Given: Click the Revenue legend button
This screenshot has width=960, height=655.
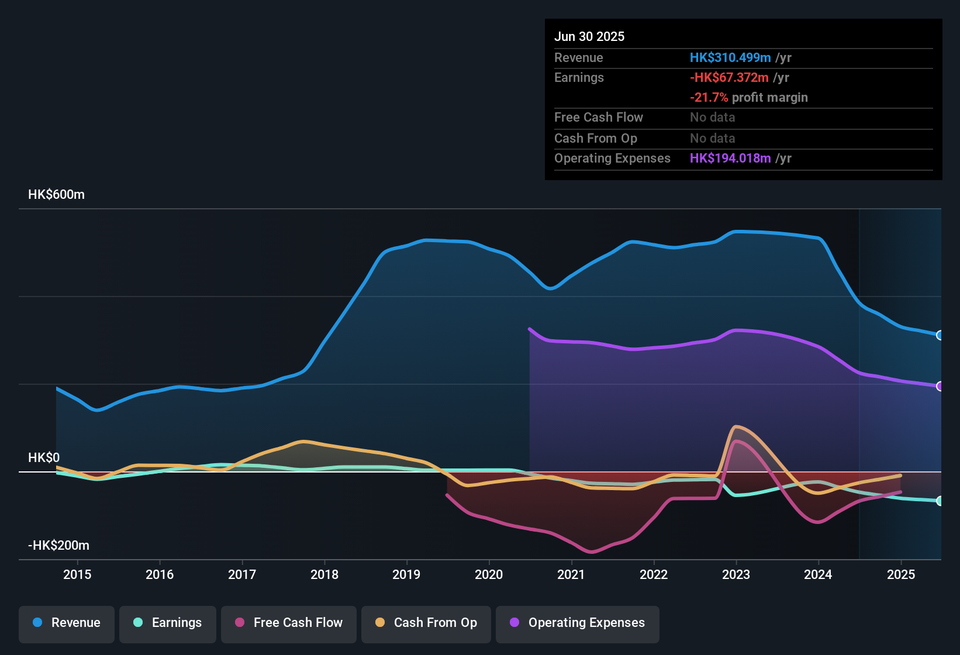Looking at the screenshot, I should click(67, 623).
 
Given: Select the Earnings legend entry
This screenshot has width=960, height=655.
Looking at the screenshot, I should click(168, 623).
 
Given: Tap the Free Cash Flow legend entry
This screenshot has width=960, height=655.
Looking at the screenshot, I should click(289, 623).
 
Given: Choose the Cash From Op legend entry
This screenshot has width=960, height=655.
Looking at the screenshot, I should click(426, 623).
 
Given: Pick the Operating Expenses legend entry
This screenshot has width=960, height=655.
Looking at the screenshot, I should click(578, 623).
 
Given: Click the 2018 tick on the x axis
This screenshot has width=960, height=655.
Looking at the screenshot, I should click(324, 574).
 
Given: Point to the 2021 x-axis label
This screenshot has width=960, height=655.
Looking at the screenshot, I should click(571, 574).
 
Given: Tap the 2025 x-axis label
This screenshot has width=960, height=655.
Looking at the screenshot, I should click(901, 574).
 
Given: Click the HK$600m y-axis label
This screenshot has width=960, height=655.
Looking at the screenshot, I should click(56, 195).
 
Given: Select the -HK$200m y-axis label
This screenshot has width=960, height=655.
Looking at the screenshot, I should click(58, 546).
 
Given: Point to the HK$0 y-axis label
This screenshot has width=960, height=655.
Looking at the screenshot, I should click(44, 458).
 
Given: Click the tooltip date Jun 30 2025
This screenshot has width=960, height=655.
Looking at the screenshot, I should click(589, 37).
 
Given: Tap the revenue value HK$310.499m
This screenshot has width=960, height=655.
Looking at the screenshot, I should click(730, 58).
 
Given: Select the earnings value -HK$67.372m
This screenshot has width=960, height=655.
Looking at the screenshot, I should click(729, 78).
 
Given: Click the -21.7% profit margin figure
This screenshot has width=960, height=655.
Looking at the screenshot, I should click(709, 98).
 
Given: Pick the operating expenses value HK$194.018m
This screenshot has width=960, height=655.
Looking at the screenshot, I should click(730, 158).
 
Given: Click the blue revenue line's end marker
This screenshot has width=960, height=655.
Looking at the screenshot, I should click(940, 335).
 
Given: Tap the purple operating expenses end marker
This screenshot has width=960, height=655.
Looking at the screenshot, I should click(940, 386).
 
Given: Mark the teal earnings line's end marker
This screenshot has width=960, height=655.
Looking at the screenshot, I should click(940, 501).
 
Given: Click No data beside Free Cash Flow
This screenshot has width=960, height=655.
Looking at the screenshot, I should click(712, 118).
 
